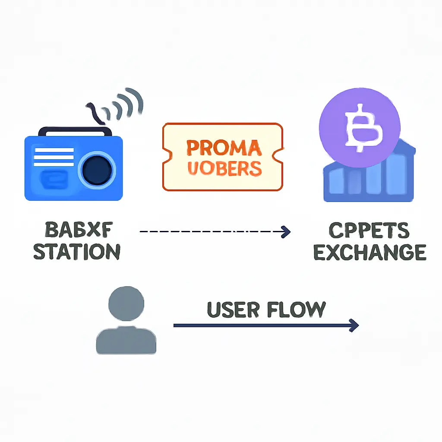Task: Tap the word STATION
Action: tap(77, 251)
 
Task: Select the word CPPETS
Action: tap(369, 231)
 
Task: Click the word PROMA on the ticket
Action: tap(224, 148)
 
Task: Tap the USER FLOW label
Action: tap(266, 309)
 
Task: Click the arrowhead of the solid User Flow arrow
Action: tap(354, 325)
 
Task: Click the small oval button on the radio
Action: tap(54, 180)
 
